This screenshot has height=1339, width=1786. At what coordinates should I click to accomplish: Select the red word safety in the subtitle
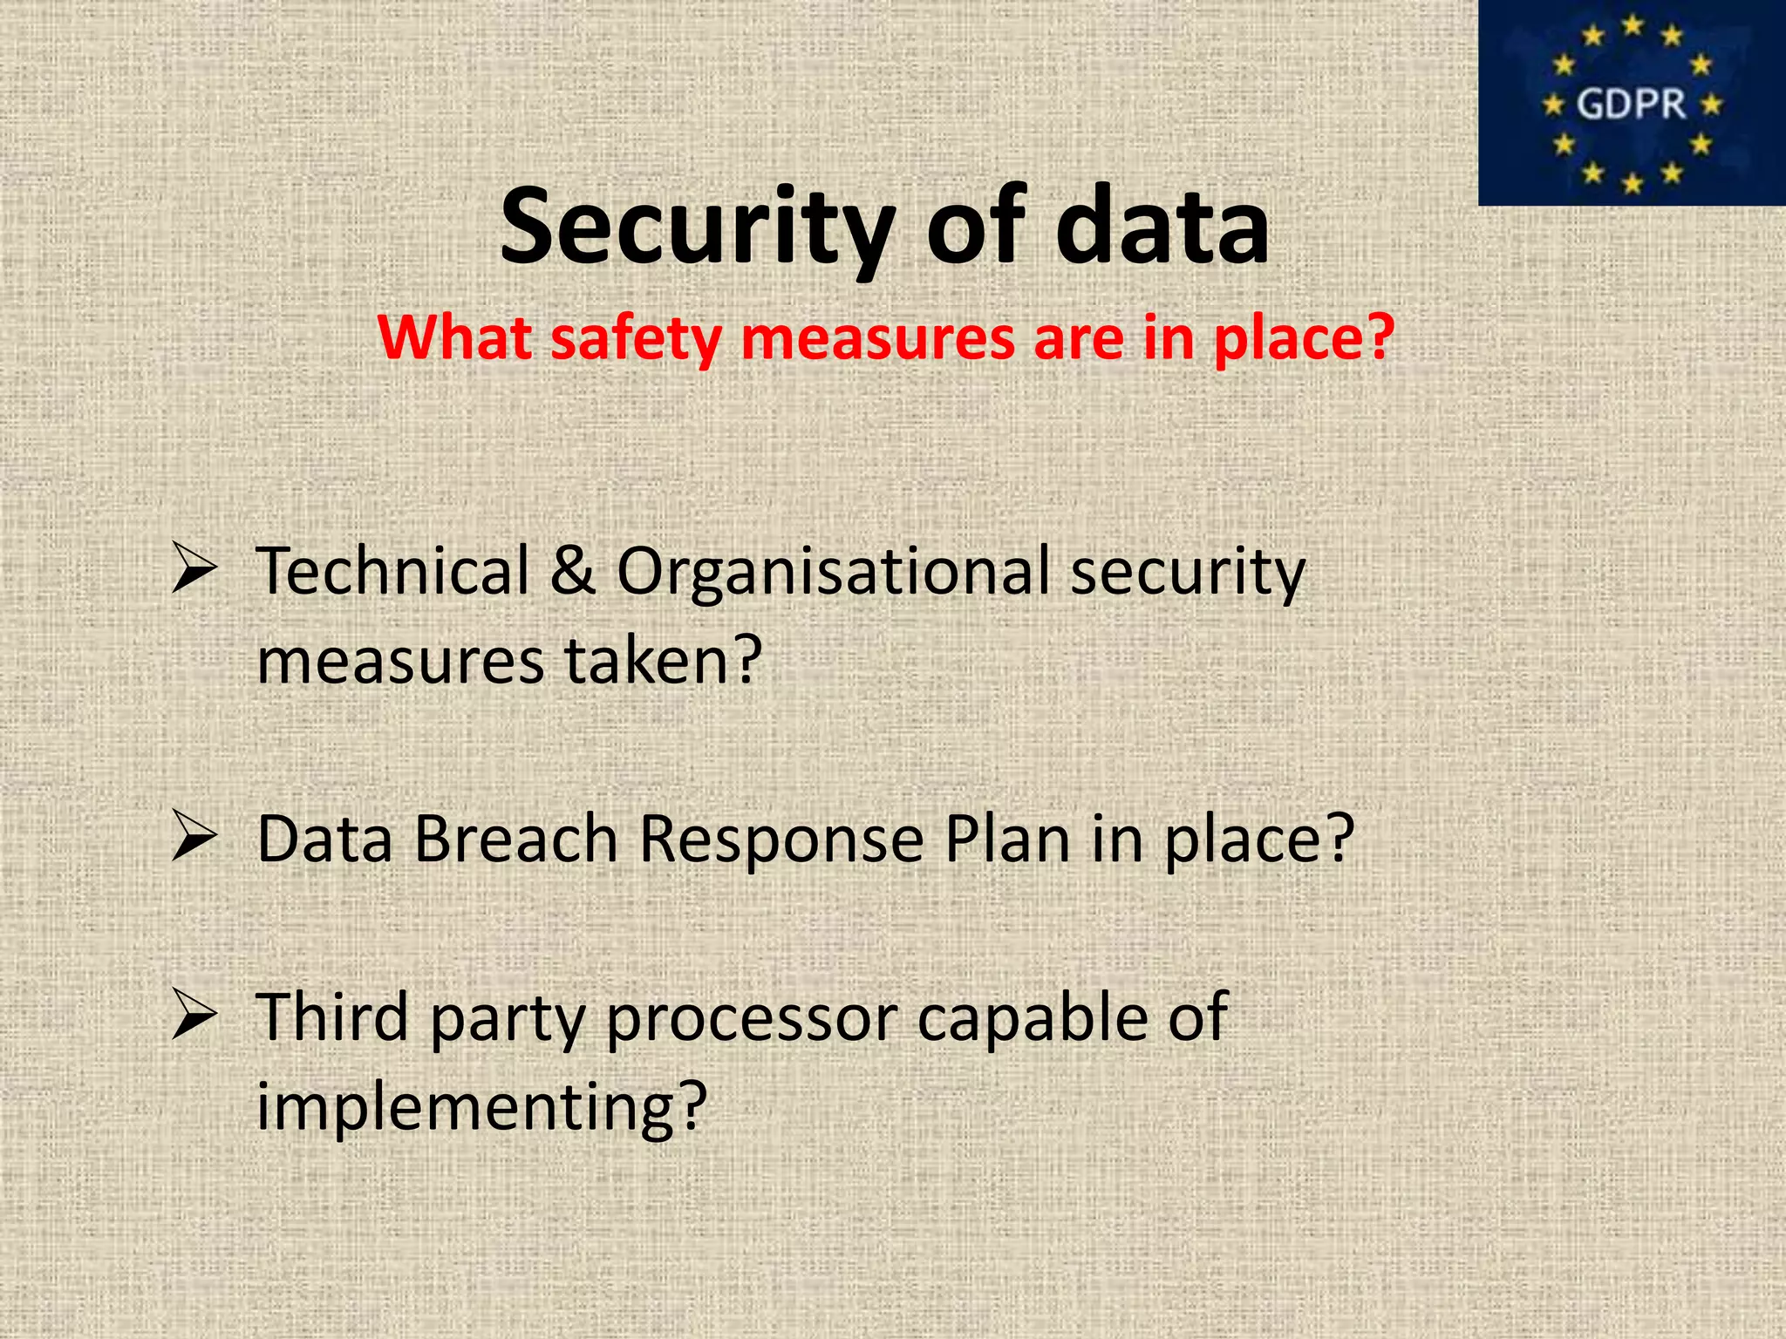click(636, 338)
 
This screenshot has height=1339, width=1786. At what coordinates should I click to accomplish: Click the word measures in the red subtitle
click(877, 338)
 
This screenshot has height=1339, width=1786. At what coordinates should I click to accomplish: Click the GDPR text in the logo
click(1631, 105)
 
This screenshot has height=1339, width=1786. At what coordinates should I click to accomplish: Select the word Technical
click(392, 571)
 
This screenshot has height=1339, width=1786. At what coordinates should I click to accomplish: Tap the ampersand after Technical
click(572, 571)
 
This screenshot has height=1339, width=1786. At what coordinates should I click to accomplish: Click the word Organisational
click(833, 573)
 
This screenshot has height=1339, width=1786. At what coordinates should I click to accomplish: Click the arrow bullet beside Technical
click(194, 568)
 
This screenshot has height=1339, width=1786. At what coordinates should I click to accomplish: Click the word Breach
click(515, 839)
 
